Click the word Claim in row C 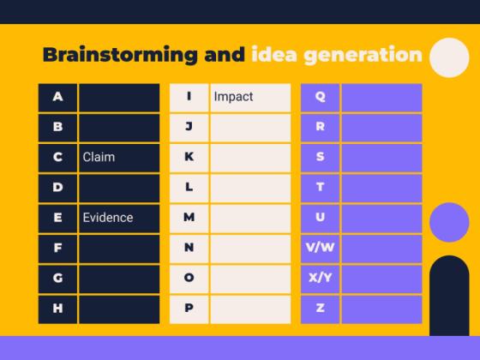pyautogui.click(x=99, y=157)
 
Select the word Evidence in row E pyautogui.click(x=108, y=218)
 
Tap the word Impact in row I pyautogui.click(x=233, y=97)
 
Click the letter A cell pyautogui.click(x=57, y=97)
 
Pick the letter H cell pyautogui.click(x=57, y=308)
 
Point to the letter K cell pyautogui.click(x=189, y=157)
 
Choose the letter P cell pyautogui.click(x=189, y=308)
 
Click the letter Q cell pyautogui.click(x=321, y=97)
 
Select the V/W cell pyautogui.click(x=321, y=248)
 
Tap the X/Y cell pyautogui.click(x=321, y=278)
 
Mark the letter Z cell pyautogui.click(x=321, y=308)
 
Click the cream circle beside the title pyautogui.click(x=449, y=58)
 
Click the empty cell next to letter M pyautogui.click(x=250, y=218)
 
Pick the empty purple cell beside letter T pyautogui.click(x=381, y=187)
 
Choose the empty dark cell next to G pyautogui.click(x=119, y=278)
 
